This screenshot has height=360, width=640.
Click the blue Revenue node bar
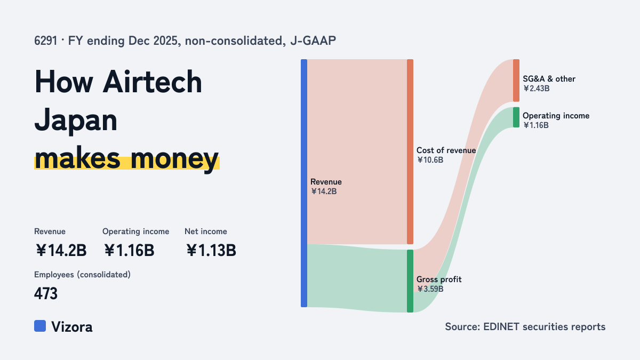(x=304, y=183)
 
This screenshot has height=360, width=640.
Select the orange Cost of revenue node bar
(x=410, y=151)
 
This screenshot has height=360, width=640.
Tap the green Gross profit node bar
(x=410, y=281)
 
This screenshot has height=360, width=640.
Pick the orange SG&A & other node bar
(x=516, y=81)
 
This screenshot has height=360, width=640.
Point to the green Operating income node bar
(x=516, y=117)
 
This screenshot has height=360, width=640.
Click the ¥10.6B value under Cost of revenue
(x=430, y=160)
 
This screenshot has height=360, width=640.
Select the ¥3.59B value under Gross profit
(x=430, y=289)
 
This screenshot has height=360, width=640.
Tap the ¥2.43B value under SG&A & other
(x=537, y=89)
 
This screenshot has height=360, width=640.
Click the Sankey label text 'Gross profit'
(x=439, y=279)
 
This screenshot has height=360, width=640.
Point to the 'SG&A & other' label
(x=549, y=79)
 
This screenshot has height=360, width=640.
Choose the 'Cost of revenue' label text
(x=446, y=150)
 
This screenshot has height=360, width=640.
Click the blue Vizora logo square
(x=40, y=326)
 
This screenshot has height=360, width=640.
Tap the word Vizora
(x=71, y=327)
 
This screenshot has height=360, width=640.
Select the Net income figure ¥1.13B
(x=211, y=251)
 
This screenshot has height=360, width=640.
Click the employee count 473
(x=46, y=294)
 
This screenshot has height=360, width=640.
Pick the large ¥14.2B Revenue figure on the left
(x=61, y=251)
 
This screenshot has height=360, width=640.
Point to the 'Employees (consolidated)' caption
(x=82, y=275)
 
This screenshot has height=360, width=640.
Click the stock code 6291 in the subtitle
(x=45, y=41)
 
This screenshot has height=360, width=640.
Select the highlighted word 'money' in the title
(x=174, y=158)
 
